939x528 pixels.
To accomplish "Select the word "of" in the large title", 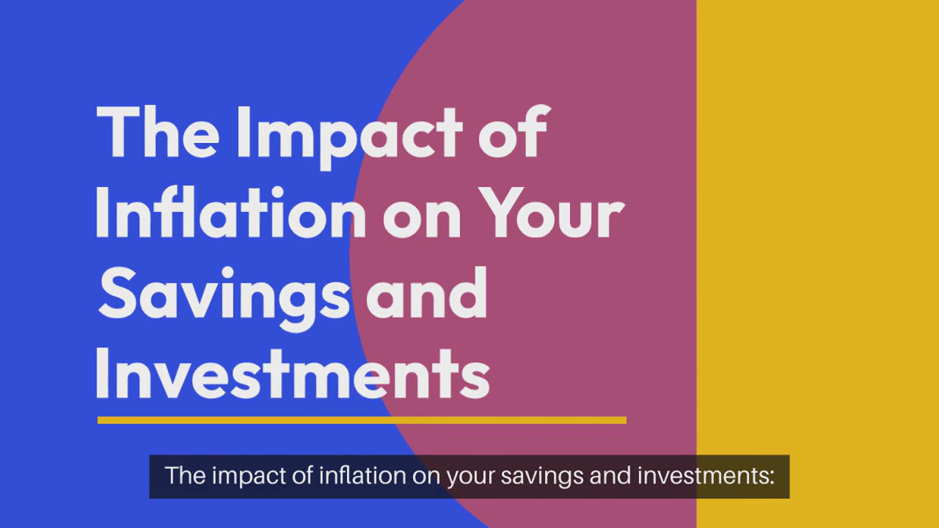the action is pyautogui.click(x=513, y=131).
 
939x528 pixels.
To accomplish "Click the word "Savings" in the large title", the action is pyautogui.click(x=224, y=298).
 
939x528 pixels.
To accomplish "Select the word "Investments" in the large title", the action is pyautogui.click(x=292, y=374).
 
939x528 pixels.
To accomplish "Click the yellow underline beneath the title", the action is pyautogui.click(x=362, y=420).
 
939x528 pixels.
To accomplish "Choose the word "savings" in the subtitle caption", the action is pyautogui.click(x=542, y=477).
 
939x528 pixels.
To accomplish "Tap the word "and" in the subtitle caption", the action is pyautogui.click(x=610, y=475).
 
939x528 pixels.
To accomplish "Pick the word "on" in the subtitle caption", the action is pyautogui.click(x=426, y=478).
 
